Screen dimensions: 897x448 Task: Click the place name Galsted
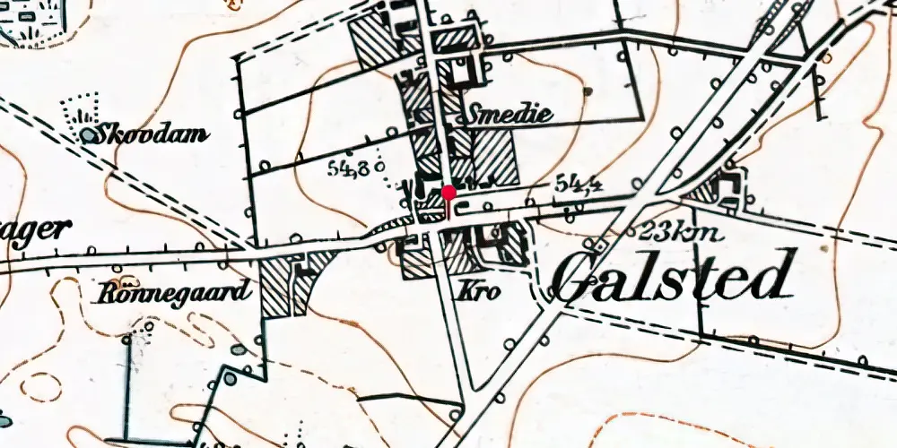tap(673, 276)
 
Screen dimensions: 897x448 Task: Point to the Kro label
tap(479, 292)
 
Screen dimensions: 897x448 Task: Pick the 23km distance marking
tap(679, 233)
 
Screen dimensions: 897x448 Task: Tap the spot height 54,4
tap(578, 183)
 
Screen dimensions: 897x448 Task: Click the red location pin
tap(448, 192)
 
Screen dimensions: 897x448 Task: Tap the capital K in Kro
tap(466, 292)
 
